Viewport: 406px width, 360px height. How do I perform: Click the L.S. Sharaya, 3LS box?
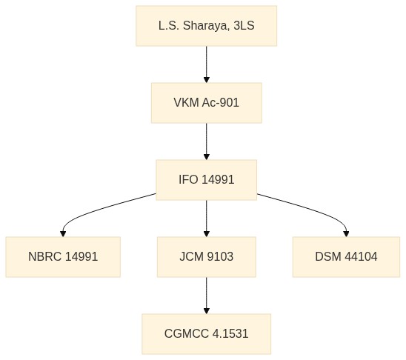[207, 26]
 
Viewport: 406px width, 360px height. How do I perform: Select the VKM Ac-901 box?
[207, 103]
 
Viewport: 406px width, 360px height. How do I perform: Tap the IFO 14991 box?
[207, 180]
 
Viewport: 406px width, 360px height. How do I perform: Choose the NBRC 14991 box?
[63, 257]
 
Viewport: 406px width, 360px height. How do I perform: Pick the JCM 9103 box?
[207, 257]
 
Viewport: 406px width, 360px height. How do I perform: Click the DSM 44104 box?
[346, 257]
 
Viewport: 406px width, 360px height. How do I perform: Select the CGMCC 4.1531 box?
[207, 334]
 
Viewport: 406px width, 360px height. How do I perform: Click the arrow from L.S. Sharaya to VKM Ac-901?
[207, 64]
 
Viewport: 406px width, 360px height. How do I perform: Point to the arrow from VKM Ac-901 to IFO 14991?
[207, 141]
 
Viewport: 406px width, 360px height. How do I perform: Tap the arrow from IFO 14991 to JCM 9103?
[207, 219]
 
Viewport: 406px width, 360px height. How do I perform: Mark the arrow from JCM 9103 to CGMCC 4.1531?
[207, 296]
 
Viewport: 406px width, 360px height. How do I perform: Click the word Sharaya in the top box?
[206, 26]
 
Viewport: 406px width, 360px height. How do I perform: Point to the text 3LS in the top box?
[244, 26]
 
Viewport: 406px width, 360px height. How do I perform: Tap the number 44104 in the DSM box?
[361, 257]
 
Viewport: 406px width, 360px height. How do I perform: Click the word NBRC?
[44, 257]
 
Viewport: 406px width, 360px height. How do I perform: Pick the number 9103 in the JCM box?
[220, 257]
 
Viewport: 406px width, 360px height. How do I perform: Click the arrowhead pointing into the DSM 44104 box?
[346, 233]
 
